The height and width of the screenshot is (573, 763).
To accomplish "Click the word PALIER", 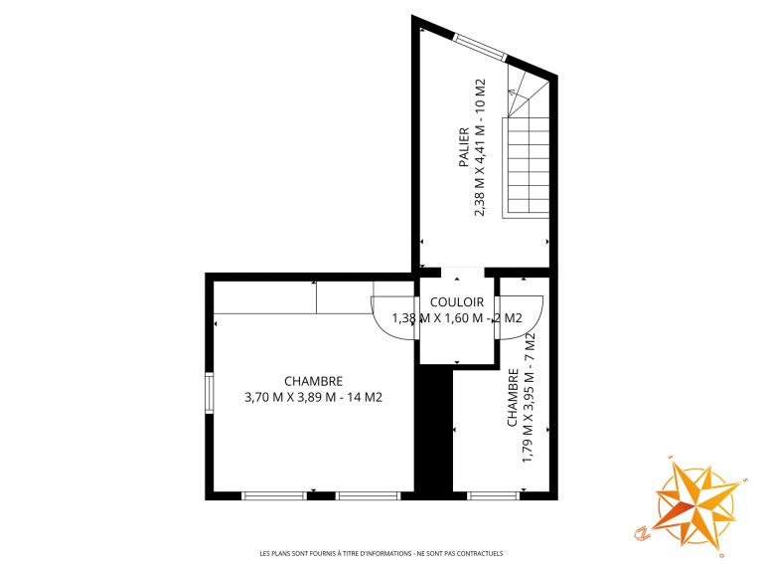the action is click(x=465, y=147).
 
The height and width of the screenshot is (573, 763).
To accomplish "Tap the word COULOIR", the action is click(x=457, y=302).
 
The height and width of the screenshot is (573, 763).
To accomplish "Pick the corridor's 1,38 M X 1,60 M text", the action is click(x=437, y=318).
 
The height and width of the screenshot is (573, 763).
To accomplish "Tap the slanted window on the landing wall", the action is click(x=480, y=47).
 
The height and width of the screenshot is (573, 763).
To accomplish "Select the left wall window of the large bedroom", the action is click(x=210, y=393).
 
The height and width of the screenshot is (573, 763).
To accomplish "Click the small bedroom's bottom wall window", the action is click(x=494, y=496).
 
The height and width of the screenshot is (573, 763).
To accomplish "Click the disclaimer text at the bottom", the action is click(x=381, y=553).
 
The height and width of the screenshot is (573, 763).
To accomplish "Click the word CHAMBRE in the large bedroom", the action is click(x=313, y=381).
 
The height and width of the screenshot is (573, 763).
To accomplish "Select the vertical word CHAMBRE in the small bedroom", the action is click(x=513, y=398).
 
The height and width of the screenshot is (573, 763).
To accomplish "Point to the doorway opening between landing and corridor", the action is click(x=463, y=273).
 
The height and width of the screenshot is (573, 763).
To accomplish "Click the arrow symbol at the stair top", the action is click(x=511, y=92).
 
